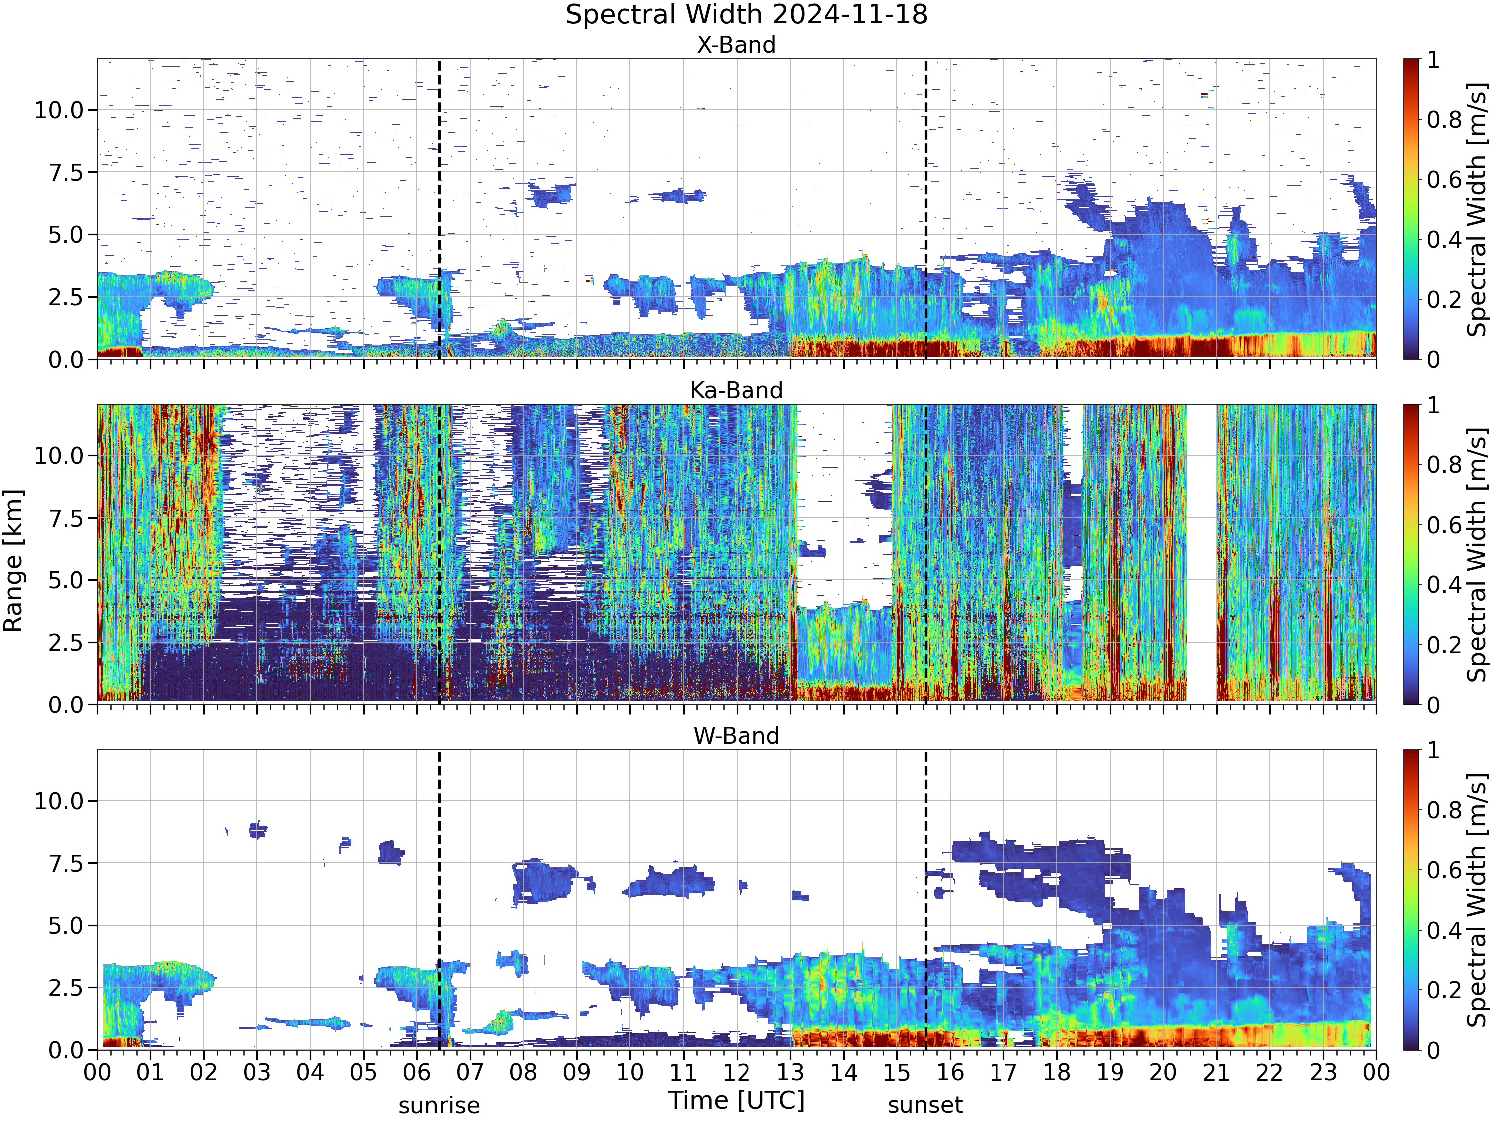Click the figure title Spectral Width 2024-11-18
click(747, 15)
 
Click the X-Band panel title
click(736, 45)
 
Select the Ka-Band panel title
click(736, 391)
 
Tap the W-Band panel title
click(736, 736)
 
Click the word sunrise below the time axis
click(439, 1106)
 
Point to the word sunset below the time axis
click(925, 1106)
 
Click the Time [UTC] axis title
click(737, 1100)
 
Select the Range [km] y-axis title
click(13, 561)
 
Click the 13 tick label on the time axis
click(790, 1072)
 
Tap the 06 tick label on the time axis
click(417, 1072)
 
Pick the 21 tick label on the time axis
click(1217, 1072)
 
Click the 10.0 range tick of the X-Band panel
click(59, 110)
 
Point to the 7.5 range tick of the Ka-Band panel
click(66, 518)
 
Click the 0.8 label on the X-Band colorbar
click(1444, 120)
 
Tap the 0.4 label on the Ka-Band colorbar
click(1444, 584)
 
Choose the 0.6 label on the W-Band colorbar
click(1444, 869)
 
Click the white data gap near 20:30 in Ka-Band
click(1202, 553)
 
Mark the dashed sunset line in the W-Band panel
click(925, 899)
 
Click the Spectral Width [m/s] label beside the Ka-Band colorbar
click(1477, 554)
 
